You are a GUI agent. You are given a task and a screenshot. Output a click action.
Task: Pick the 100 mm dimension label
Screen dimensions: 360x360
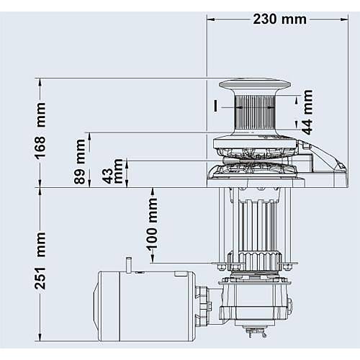tap(152, 225)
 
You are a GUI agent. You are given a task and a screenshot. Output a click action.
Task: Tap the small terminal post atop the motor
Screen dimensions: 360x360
tap(129, 264)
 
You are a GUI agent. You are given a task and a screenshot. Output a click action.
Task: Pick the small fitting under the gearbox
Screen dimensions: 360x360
tap(253, 334)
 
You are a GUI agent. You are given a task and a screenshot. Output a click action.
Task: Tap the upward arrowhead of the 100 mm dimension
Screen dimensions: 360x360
tap(153, 192)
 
